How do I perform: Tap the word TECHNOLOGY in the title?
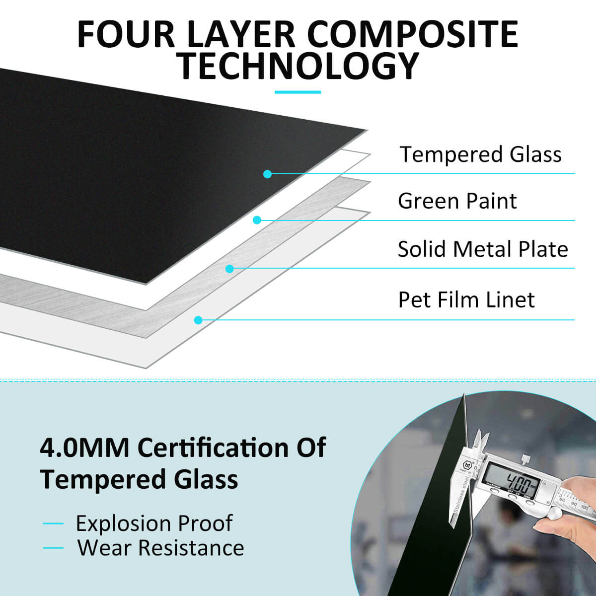pyautogui.click(x=298, y=66)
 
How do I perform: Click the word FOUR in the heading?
pyautogui.click(x=126, y=34)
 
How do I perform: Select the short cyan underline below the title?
pyautogui.click(x=298, y=92)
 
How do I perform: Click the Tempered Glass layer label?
pyautogui.click(x=481, y=154)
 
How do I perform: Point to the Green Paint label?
pyautogui.click(x=457, y=201)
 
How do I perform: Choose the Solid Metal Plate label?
pyautogui.click(x=483, y=249)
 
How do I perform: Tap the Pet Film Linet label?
pyautogui.click(x=466, y=299)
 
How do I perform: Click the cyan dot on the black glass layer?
pyautogui.click(x=268, y=174)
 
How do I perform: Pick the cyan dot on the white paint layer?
pyautogui.click(x=257, y=220)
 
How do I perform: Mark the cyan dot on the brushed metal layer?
pyautogui.click(x=229, y=269)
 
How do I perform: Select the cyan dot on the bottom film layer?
pyautogui.click(x=198, y=320)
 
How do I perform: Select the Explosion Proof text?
pyautogui.click(x=154, y=523)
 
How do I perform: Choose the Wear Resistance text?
pyautogui.click(x=160, y=548)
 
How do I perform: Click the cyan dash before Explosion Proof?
pyautogui.click(x=53, y=523)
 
